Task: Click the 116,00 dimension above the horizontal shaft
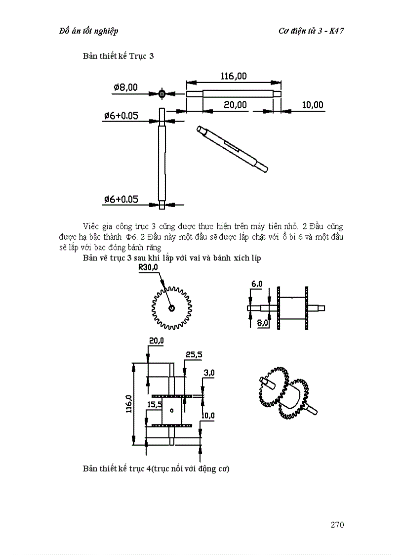(x=234, y=76)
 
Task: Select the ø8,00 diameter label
(x=125, y=87)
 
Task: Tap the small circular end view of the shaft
(x=162, y=93)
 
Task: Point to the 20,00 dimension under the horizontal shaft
(x=235, y=105)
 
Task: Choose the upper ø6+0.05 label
(x=121, y=116)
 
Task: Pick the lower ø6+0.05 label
(x=121, y=199)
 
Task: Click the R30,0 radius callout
(x=148, y=267)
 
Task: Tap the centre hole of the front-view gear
(x=171, y=308)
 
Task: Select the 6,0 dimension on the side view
(x=257, y=284)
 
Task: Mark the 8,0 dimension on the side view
(x=262, y=323)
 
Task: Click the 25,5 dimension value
(x=194, y=354)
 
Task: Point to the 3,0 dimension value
(x=208, y=373)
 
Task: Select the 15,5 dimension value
(x=155, y=404)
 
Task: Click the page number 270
(x=337, y=524)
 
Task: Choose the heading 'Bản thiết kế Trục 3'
(x=119, y=56)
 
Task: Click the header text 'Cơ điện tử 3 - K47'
(x=311, y=31)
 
